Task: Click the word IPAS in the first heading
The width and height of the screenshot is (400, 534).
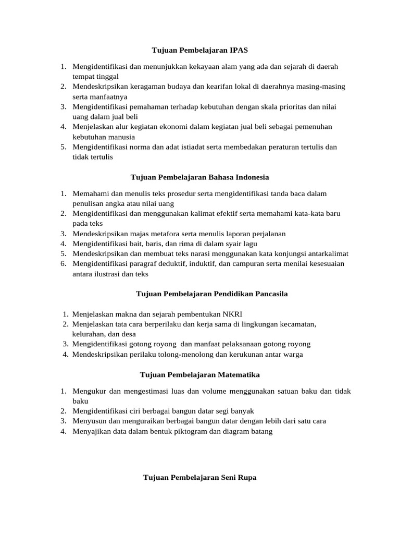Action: click(238, 51)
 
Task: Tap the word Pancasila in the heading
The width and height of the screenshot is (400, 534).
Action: click(265, 294)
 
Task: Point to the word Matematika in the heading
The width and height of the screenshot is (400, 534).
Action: click(240, 375)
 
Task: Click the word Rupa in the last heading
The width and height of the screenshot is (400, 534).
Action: click(246, 477)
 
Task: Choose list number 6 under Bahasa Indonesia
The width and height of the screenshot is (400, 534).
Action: click(63, 264)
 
